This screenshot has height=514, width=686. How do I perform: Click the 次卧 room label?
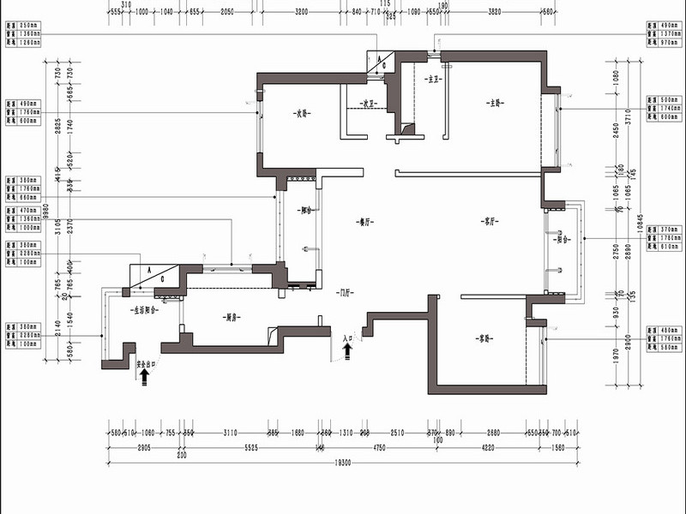coord(299,113)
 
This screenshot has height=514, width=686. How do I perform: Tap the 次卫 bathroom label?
coord(370,105)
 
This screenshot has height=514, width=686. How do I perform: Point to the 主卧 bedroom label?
coord(495,105)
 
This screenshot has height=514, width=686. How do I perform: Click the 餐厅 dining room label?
coord(364,221)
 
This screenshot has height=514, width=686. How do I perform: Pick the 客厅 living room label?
coord(490,221)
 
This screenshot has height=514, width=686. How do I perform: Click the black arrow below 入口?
coord(347,351)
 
